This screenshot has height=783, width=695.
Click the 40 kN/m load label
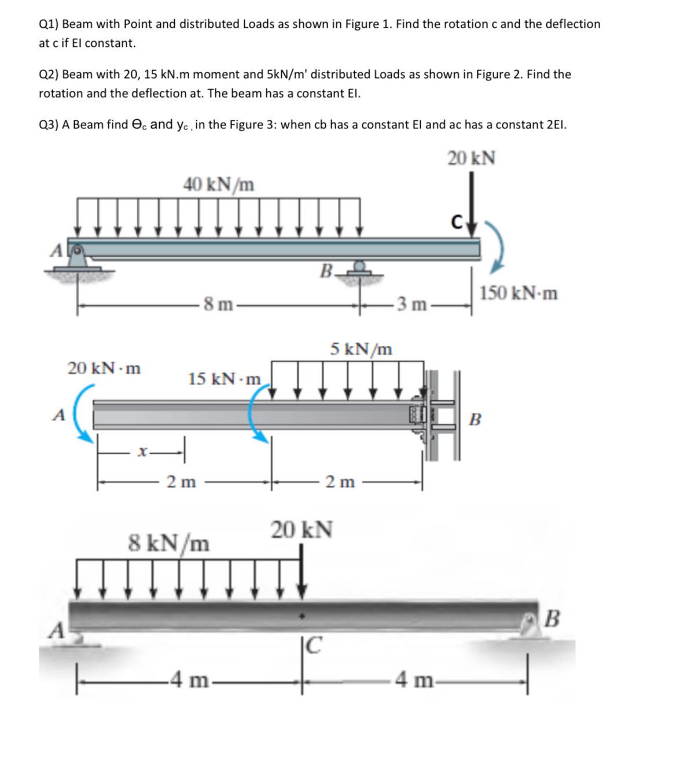click(x=219, y=184)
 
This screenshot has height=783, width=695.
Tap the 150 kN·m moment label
click(x=519, y=293)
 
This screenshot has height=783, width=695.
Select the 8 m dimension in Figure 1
click(x=218, y=304)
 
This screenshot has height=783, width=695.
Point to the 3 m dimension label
click(x=411, y=304)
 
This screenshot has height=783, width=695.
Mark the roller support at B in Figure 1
click(x=359, y=269)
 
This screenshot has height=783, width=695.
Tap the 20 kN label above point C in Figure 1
click(x=471, y=158)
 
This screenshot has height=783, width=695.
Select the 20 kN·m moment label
click(x=104, y=368)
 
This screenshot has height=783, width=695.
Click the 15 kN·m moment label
click(x=225, y=379)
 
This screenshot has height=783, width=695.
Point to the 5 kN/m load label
click(x=361, y=349)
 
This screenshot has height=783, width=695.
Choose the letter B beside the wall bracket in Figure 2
click(x=475, y=419)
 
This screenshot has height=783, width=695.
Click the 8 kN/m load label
click(x=168, y=544)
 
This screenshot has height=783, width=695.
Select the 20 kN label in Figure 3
click(x=301, y=530)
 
